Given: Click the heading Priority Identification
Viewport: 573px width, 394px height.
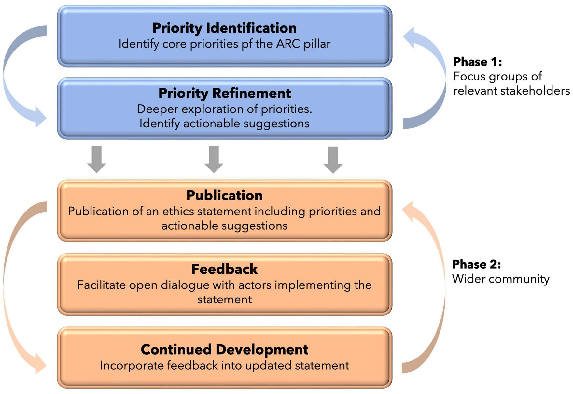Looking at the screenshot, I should [224, 28].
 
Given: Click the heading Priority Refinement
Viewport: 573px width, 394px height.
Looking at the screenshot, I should [224, 93].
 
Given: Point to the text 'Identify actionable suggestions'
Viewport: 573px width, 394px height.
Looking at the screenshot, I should [224, 124].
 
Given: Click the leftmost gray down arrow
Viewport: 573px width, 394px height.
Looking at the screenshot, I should [97, 159].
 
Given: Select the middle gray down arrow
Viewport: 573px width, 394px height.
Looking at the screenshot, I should [214, 159].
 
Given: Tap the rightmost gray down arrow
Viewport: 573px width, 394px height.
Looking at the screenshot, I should [333, 160].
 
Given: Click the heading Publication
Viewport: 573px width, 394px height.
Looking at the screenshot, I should [224, 196].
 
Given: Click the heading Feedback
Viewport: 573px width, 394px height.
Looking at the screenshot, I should [224, 269].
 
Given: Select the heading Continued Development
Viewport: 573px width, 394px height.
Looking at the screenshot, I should [224, 349].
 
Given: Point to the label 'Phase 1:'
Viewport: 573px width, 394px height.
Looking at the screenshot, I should [477, 62].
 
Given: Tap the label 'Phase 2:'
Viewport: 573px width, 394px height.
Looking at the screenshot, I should [476, 264].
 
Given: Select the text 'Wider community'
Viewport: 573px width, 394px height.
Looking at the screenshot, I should [500, 279].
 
